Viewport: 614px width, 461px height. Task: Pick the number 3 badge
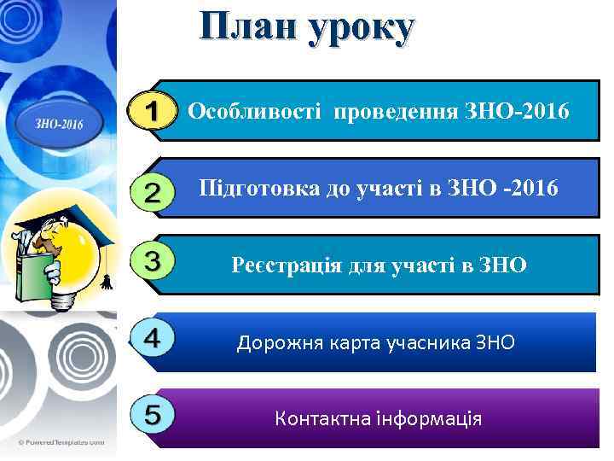pos(154,260)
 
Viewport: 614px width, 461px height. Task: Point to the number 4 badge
pos(153,338)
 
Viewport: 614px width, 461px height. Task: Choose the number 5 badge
pos(153,416)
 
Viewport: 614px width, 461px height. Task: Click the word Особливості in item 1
pos(255,111)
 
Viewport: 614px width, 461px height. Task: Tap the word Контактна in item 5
pos(316,419)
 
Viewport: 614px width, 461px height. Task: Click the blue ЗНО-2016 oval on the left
pos(58,123)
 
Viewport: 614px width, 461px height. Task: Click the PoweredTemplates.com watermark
pos(60,442)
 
